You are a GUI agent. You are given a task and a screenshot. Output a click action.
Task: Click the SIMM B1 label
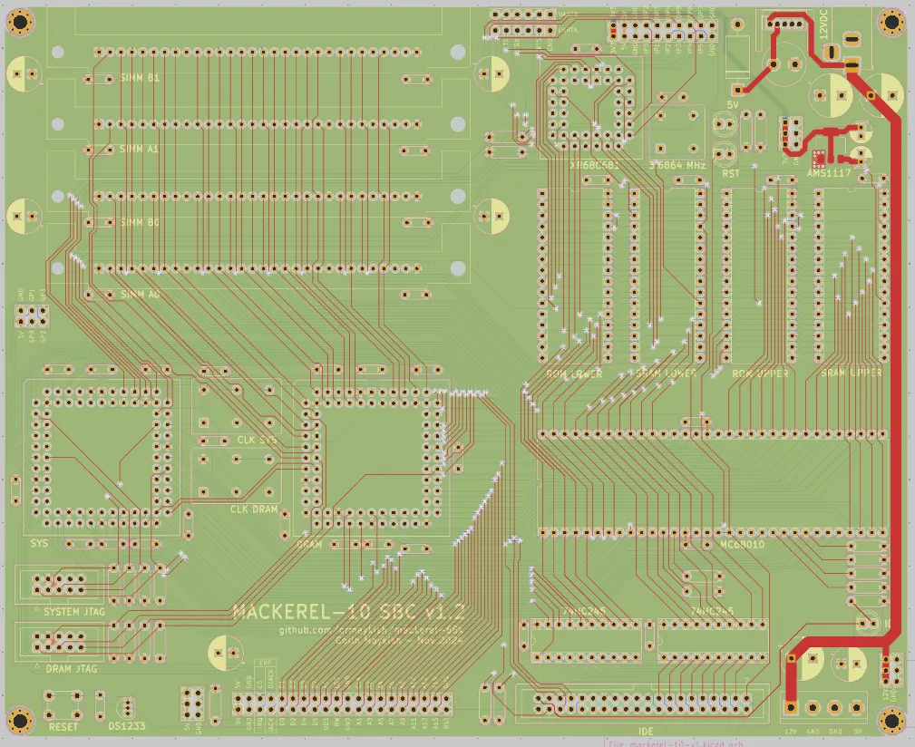point(140,79)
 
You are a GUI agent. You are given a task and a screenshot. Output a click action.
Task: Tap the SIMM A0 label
point(140,295)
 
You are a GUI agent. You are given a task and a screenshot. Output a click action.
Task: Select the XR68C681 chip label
point(594,166)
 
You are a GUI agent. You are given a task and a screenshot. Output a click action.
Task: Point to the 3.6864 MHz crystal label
point(677,166)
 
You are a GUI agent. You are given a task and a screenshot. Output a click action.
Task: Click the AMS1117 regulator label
point(829,171)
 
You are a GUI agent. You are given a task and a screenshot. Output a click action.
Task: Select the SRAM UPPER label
point(850,373)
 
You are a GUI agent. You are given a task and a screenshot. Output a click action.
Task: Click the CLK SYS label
point(258,440)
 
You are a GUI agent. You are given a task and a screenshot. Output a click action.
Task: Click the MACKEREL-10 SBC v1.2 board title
point(348,612)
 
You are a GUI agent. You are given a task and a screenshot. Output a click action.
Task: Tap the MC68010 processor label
point(742,546)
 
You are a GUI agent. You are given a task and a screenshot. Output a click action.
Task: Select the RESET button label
point(63,727)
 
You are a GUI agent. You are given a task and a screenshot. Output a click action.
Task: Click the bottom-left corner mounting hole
point(19,720)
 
